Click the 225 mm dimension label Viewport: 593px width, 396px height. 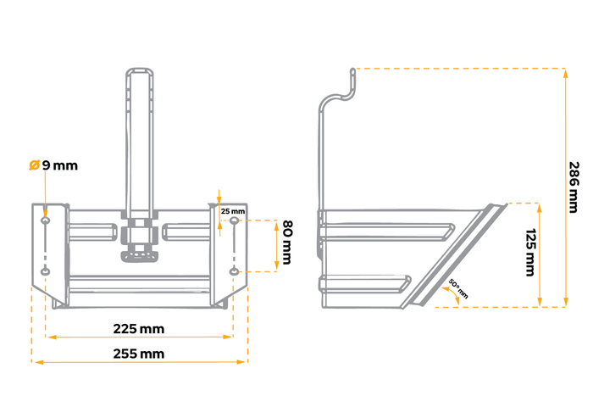139,328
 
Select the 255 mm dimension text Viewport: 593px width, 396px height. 139,354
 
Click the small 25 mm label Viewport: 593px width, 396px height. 232,210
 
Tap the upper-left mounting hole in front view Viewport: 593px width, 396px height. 46,221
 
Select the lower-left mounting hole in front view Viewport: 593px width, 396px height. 46,271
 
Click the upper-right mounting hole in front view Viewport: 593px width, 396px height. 233,222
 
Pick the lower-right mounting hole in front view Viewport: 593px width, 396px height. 233,271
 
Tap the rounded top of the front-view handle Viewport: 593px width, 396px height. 139,71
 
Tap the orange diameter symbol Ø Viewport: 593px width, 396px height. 34,165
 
